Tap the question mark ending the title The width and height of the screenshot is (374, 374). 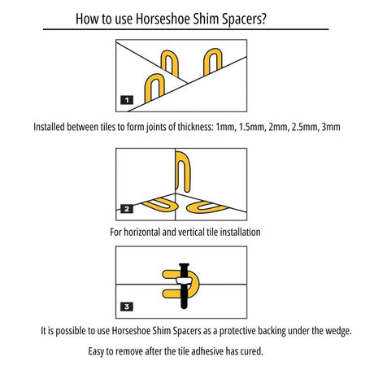[x=263, y=19]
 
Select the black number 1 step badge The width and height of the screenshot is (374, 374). [x=127, y=100]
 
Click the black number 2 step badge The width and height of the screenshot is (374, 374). [x=127, y=209]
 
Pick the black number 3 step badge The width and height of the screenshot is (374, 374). [x=127, y=307]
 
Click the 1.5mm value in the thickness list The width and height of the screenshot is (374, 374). [x=252, y=127]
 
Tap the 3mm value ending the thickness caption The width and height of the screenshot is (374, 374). [x=331, y=127]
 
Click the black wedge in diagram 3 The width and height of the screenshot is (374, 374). [x=184, y=286]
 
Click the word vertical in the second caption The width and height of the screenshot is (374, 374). [x=190, y=232]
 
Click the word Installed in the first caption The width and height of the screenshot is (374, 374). [x=49, y=127]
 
